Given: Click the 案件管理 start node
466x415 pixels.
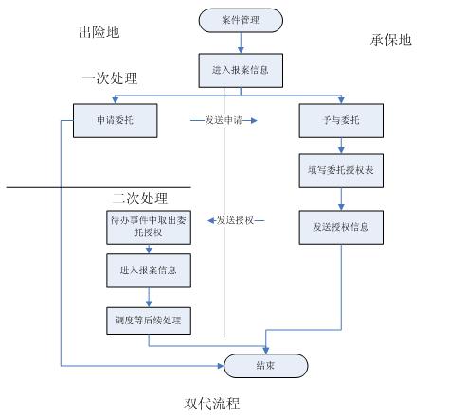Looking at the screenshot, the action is tap(241, 21).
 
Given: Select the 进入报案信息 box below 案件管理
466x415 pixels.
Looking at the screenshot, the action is tap(241, 70).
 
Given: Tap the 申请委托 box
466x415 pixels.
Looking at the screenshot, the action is tap(116, 120).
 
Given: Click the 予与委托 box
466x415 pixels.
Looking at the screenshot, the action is tap(341, 120).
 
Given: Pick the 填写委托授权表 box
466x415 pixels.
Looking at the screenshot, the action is tap(341, 171).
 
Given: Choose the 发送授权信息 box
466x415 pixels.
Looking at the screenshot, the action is tap(341, 227).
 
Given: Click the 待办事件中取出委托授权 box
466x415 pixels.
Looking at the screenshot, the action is tap(149, 227).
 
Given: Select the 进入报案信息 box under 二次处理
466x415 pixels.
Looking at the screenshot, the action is tap(149, 270).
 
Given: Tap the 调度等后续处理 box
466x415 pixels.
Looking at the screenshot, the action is tap(149, 320).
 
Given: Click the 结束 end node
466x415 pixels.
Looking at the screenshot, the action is tap(266, 366).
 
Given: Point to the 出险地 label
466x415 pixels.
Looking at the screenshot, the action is tap(99, 32).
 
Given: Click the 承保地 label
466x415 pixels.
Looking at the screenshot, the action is tap(391, 41).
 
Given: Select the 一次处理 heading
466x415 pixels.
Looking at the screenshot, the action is tap(110, 78).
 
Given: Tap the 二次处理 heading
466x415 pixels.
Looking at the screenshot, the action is tap(140, 199).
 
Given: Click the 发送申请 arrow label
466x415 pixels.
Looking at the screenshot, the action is tap(224, 120).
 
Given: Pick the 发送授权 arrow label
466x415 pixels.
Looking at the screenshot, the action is tap(235, 220).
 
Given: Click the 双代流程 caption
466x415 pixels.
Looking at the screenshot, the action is tap(212, 404).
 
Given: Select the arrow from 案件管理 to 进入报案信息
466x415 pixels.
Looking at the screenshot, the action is tap(241, 43).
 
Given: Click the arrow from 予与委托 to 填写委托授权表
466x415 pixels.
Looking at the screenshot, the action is tap(341, 146).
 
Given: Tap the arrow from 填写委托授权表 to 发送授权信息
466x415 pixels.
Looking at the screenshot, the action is tap(341, 199).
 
